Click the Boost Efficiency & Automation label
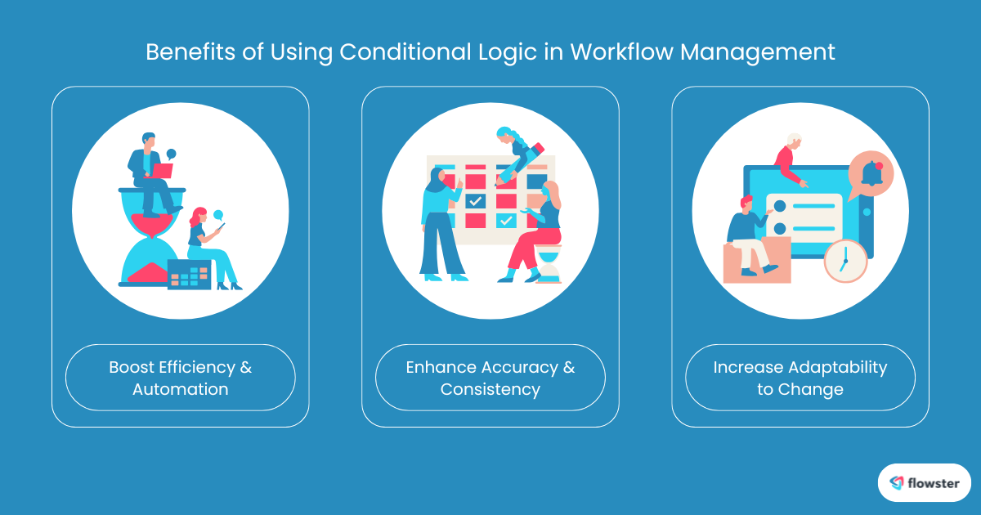(x=180, y=378)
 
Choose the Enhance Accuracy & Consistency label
(x=490, y=378)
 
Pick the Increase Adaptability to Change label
(x=800, y=378)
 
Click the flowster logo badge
(x=924, y=482)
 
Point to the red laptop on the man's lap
(x=161, y=171)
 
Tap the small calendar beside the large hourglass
(x=189, y=275)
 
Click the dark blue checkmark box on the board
(x=475, y=200)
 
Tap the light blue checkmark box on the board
(x=506, y=220)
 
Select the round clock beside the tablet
(x=844, y=261)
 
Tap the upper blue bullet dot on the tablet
(x=779, y=205)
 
